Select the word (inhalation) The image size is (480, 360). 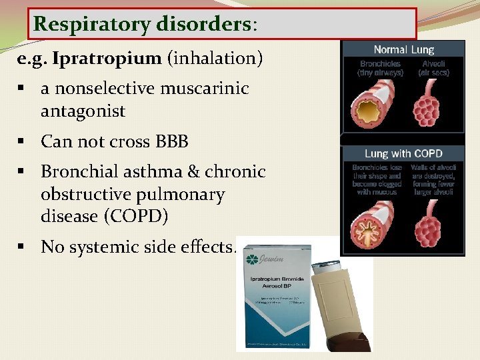[215, 58]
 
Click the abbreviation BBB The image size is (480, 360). [172, 141]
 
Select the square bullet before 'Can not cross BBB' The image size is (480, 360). [23, 141]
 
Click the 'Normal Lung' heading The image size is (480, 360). [403, 49]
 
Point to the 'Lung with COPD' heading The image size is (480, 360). [403, 153]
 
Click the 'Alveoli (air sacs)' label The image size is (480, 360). [433, 68]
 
